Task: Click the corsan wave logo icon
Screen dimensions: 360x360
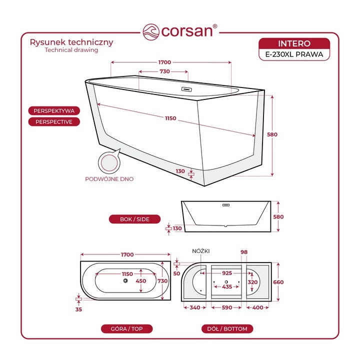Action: (151, 31)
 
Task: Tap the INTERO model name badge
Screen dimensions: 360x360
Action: (294, 43)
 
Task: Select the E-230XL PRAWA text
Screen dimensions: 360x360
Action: (294, 54)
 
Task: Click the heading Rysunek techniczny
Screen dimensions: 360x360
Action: (71, 42)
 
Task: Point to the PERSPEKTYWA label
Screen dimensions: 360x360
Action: (54, 111)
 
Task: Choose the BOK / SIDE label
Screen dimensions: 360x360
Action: (134, 219)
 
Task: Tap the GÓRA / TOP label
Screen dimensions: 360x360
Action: (126, 329)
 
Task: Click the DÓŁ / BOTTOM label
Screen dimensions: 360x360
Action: (227, 329)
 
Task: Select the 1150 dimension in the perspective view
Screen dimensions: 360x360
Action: (170, 118)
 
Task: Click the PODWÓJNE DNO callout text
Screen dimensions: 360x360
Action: (109, 179)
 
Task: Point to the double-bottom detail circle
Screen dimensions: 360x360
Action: (109, 162)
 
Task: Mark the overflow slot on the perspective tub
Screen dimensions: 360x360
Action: (186, 89)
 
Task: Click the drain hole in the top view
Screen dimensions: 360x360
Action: (125, 280)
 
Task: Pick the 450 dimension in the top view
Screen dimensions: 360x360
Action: (140, 281)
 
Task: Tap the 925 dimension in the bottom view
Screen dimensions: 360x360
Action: (227, 273)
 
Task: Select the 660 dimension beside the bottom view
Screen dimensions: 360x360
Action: (278, 282)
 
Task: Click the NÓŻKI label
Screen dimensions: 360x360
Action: (201, 251)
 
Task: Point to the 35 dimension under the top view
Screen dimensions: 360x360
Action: (78, 309)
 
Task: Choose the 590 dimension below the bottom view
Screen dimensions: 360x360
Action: (227, 307)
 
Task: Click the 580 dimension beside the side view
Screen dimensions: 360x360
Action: (278, 216)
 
